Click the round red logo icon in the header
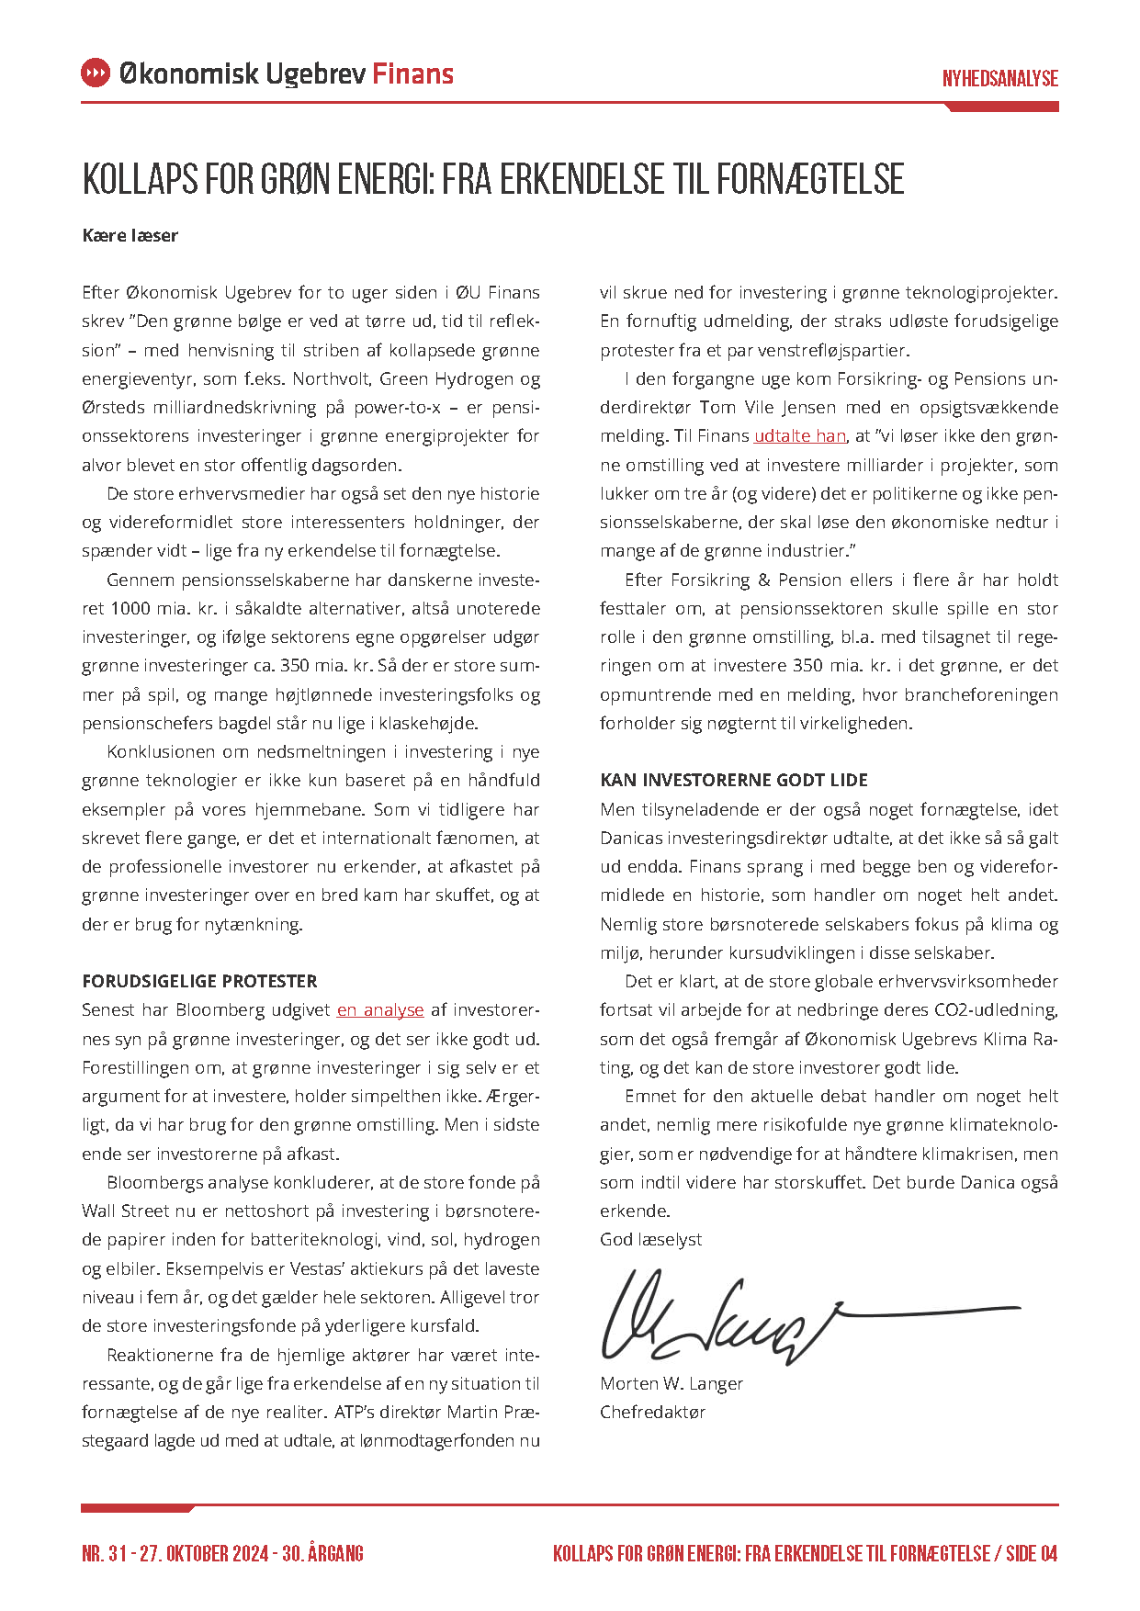[96, 73]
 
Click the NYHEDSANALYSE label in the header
[999, 79]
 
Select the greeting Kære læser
[130, 235]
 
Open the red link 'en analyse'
[380, 1010]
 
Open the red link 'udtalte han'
[799, 436]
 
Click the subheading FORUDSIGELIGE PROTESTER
[199, 981]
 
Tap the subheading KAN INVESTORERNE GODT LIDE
[733, 780]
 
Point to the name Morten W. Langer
[671, 1383]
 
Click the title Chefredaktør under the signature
[652, 1412]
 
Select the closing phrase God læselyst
[650, 1239]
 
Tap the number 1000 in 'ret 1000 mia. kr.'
[130, 608]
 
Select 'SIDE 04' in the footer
[1032, 1554]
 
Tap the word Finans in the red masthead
[412, 73]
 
